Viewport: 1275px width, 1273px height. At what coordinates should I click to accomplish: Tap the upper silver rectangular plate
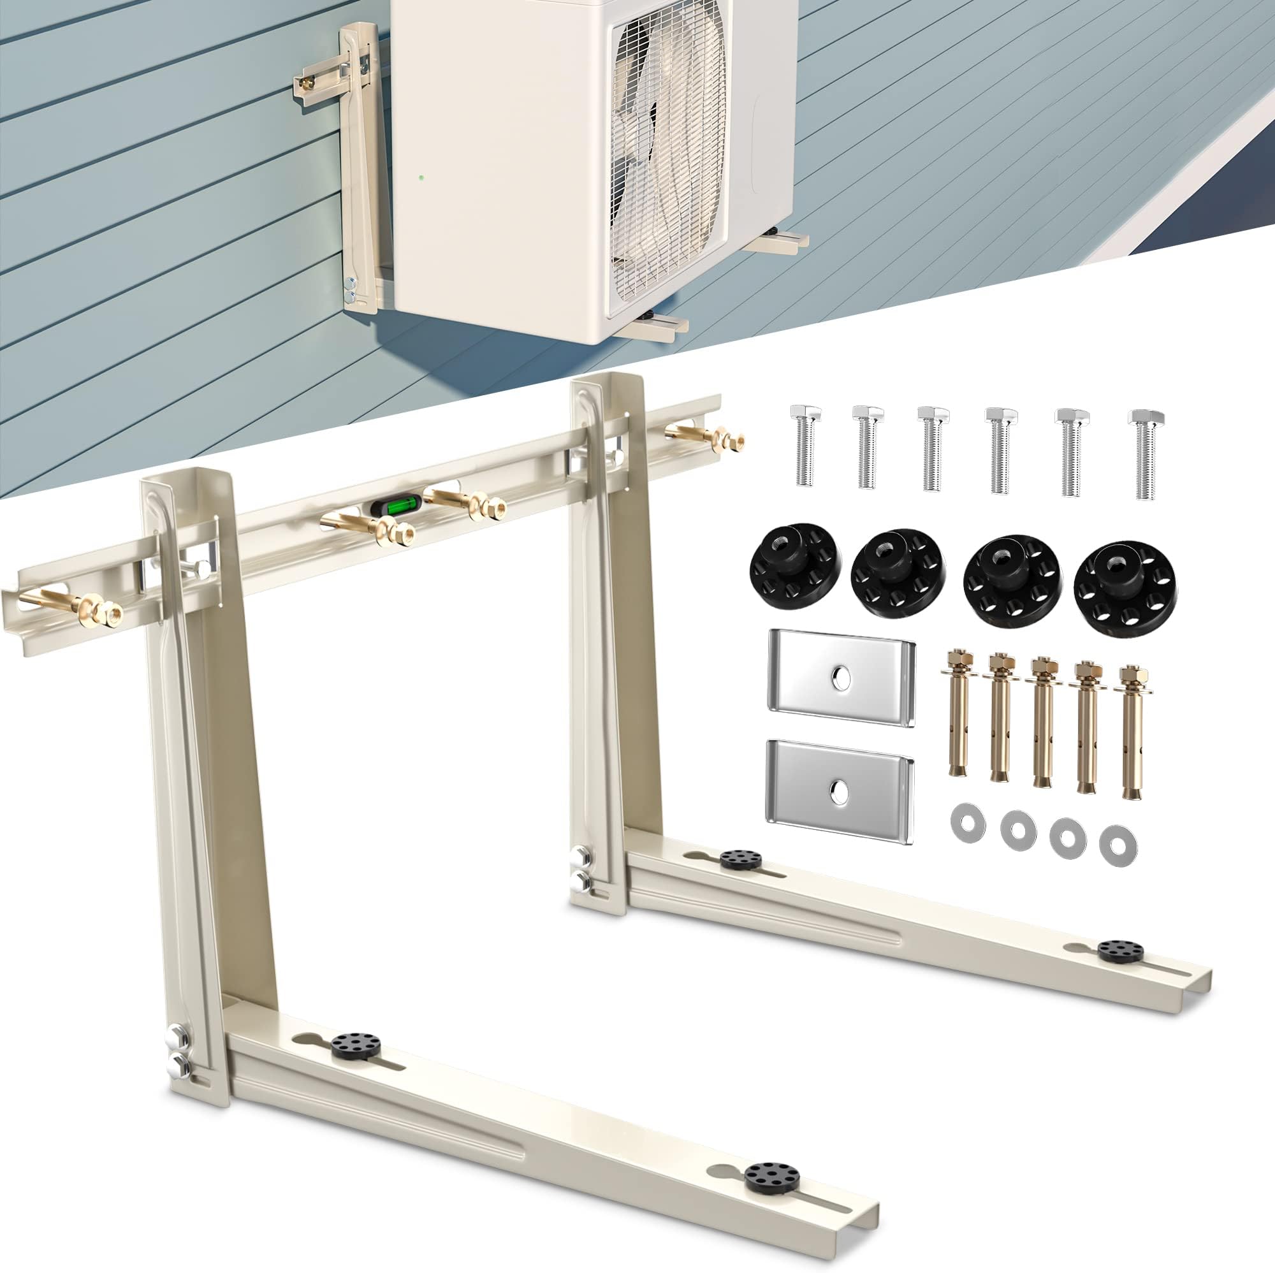840,677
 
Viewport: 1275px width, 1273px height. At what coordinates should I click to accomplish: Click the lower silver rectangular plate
840,790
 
